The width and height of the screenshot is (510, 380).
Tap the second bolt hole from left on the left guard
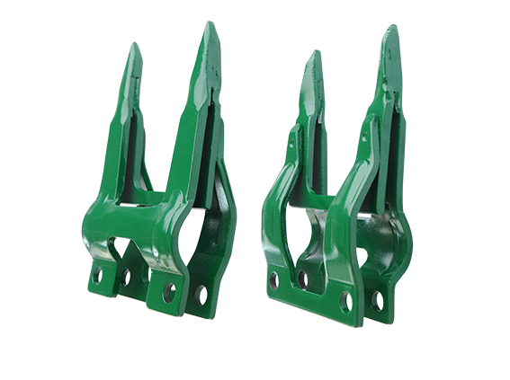(x=126, y=278)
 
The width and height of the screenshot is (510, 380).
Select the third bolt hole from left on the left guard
(x=169, y=290)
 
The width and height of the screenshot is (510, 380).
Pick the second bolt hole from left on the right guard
(x=303, y=280)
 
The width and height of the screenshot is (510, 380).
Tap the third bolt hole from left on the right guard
(x=346, y=302)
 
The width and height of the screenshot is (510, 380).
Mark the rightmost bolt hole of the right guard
(x=377, y=300)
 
